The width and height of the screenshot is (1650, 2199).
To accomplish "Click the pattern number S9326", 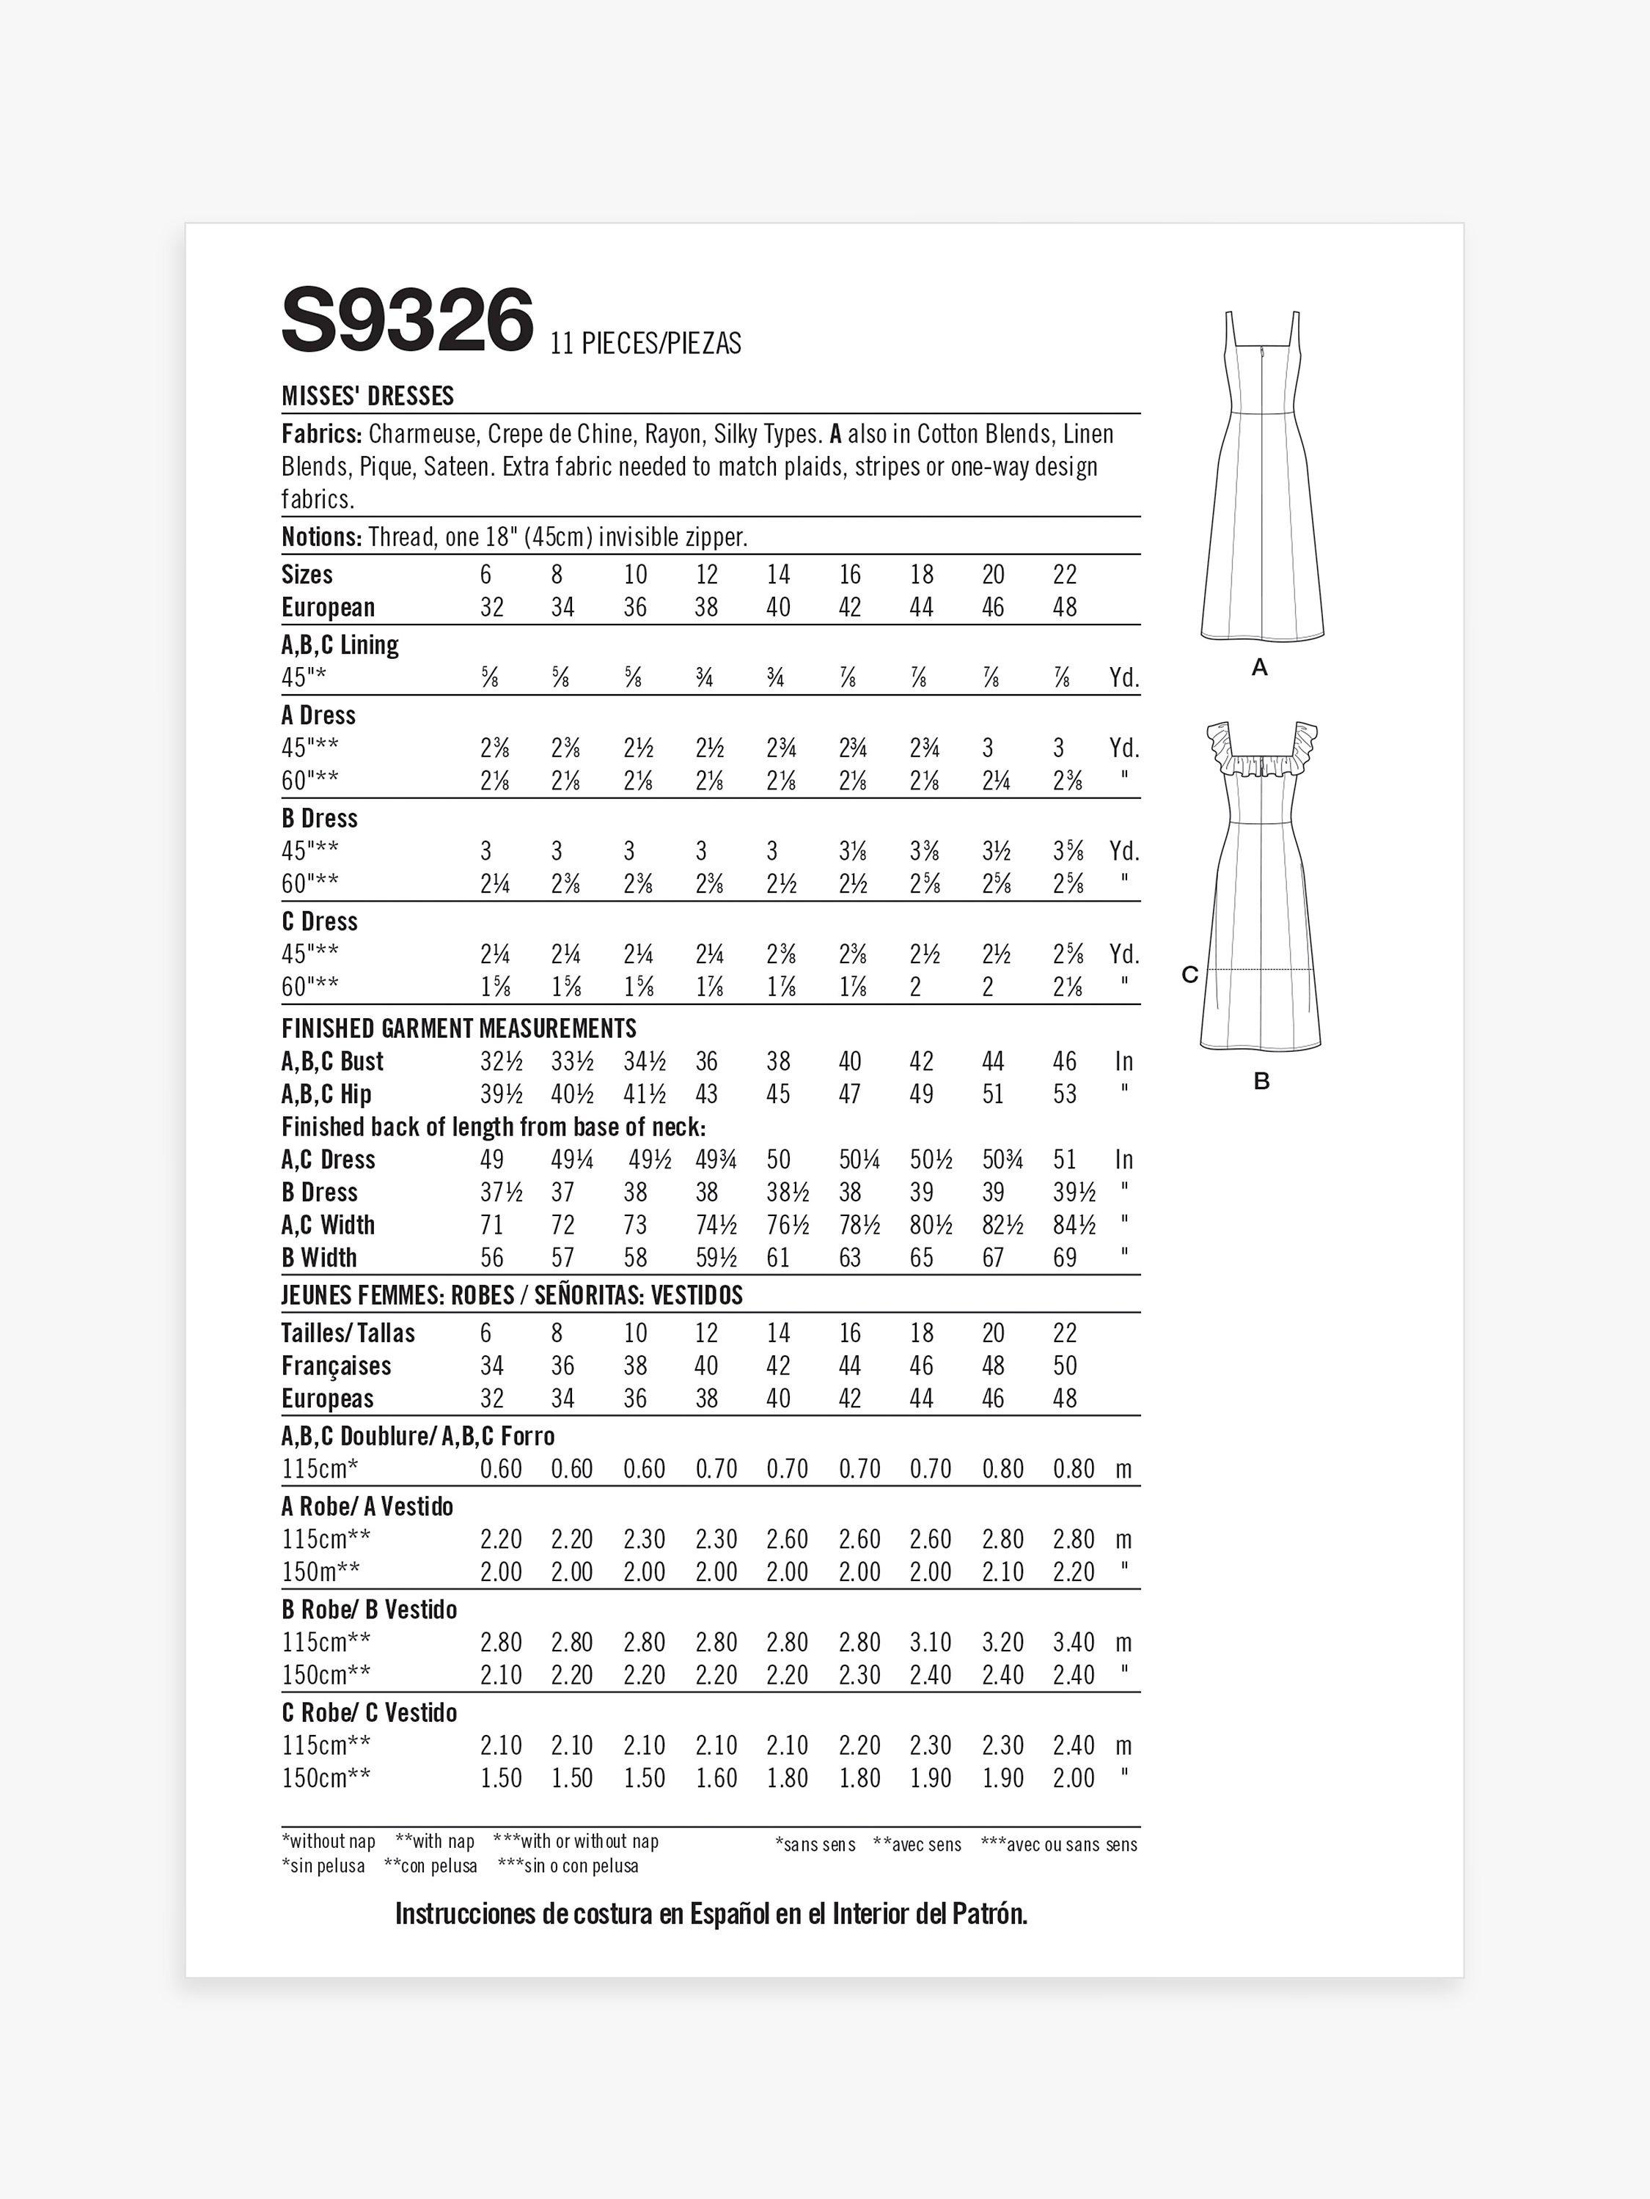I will [408, 320].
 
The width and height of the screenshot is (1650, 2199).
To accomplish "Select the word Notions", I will [320, 537].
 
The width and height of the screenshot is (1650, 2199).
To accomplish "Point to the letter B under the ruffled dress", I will [1261, 1082].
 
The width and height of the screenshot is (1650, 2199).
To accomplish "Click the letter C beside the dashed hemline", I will [1189, 975].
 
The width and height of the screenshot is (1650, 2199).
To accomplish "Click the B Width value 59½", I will [716, 1259].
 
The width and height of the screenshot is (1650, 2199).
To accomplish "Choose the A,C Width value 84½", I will [1074, 1226].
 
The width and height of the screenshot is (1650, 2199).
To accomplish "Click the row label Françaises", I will [336, 1366].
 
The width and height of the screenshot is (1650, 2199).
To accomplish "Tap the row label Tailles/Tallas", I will [348, 1333].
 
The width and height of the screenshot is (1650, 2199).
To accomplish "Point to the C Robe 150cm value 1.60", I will [716, 1778].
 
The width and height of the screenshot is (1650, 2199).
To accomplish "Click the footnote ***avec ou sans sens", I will [1058, 1845].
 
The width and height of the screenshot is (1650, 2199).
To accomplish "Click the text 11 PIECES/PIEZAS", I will [645, 343].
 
